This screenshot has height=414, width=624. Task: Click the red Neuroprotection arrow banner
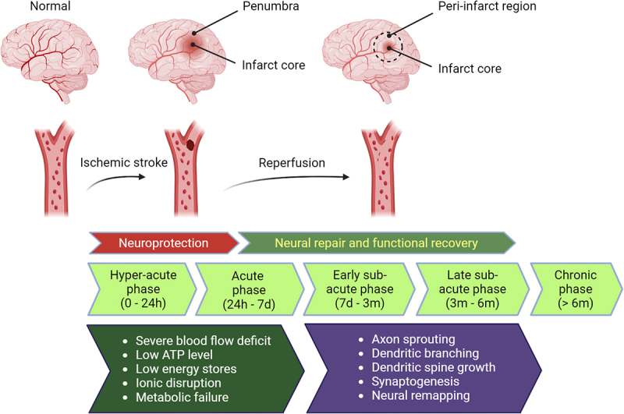click(164, 242)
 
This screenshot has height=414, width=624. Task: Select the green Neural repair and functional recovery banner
click(377, 242)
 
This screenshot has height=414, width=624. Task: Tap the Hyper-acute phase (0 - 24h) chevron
click(142, 289)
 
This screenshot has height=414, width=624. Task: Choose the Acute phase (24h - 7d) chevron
click(250, 289)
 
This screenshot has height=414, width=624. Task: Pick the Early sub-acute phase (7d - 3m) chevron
click(360, 289)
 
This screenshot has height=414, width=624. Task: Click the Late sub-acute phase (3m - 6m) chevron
click(473, 289)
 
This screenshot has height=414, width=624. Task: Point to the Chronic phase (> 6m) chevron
click(576, 289)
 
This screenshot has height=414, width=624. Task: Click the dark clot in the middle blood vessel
click(190, 144)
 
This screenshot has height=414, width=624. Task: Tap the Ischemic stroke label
click(124, 162)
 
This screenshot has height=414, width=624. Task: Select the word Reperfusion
click(292, 163)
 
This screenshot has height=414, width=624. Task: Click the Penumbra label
click(271, 6)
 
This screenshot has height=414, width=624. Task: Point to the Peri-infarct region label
click(487, 6)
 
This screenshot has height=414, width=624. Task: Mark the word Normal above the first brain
click(50, 6)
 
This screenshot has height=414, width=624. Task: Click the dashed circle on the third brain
click(388, 33)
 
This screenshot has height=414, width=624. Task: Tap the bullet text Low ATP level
click(174, 354)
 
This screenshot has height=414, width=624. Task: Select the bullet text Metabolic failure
click(182, 397)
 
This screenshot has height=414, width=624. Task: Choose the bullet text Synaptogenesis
click(415, 381)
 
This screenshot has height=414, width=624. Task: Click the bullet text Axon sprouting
click(413, 339)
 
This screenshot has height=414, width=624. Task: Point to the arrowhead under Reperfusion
click(346, 177)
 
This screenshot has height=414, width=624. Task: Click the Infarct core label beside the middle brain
click(274, 65)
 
